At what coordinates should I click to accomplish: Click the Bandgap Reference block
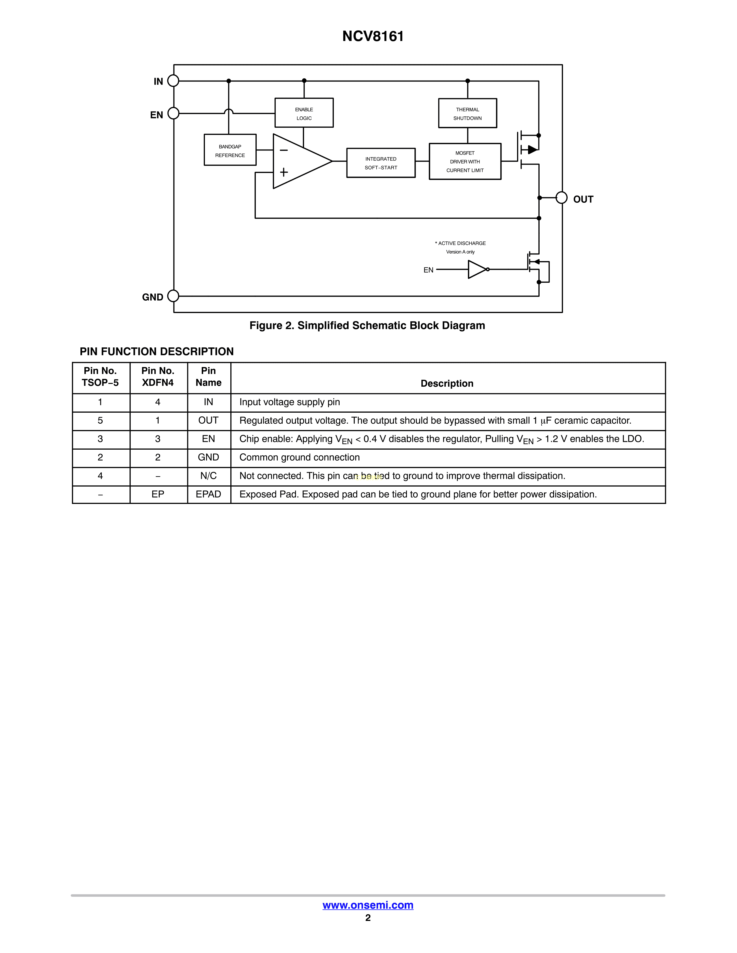tap(230, 150)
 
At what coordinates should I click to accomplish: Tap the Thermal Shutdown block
tap(468, 113)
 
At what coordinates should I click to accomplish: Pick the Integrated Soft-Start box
tap(381, 163)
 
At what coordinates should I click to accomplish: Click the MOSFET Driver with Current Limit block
tap(465, 161)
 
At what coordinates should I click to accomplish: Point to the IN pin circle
tap(173, 81)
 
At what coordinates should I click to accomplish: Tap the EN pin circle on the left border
tap(173, 113)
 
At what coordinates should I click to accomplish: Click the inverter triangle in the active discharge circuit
tap(477, 270)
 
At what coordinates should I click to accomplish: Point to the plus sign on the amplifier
tap(284, 172)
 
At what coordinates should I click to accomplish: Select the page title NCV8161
tap(373, 36)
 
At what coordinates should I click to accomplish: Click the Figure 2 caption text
tap(367, 325)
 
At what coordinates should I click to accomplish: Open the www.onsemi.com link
tap(368, 905)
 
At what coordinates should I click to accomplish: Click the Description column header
tap(447, 384)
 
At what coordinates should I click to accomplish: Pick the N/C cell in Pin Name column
tap(208, 476)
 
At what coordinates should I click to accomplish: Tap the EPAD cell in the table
tap(208, 494)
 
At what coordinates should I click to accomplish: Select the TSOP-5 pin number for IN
tap(100, 402)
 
